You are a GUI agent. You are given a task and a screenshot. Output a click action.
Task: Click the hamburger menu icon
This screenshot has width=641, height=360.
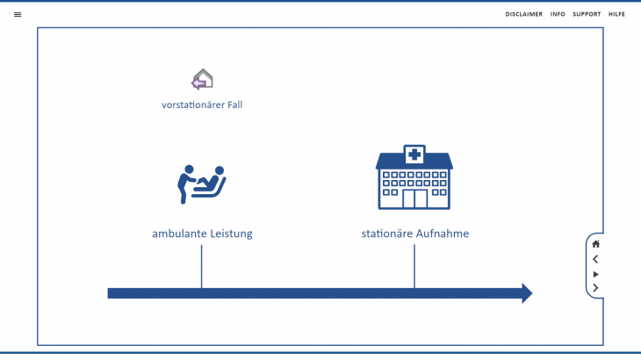tap(18, 14)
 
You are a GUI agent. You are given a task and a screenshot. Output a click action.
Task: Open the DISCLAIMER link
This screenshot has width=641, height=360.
tap(523, 14)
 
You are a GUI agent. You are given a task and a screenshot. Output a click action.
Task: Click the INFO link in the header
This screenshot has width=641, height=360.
tap(558, 14)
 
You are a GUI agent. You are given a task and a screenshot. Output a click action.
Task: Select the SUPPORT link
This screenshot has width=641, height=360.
tap(587, 14)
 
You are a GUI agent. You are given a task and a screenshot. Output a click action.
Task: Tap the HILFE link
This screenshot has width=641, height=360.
tap(616, 14)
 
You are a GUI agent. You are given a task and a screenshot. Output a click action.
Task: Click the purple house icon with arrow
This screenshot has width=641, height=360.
tap(202, 80)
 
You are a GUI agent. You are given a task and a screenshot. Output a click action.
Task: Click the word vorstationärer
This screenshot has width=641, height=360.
tap(191, 105)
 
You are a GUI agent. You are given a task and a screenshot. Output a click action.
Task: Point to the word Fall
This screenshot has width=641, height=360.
tap(233, 105)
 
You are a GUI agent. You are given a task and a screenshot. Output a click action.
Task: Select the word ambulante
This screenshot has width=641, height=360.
tap(178, 234)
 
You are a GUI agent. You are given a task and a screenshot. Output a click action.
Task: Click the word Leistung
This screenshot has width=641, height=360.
tap(230, 234)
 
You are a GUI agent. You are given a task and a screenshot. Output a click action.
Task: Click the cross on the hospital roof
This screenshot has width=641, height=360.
tap(414, 155)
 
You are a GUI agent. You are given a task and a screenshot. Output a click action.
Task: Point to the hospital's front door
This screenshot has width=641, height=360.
tap(414, 199)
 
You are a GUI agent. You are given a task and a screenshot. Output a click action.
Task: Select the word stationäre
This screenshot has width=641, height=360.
tap(389, 234)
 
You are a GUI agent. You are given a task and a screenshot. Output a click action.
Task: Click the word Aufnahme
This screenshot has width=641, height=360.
tap(443, 234)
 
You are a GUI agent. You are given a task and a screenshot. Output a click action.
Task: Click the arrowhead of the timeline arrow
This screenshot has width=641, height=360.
tap(526, 293)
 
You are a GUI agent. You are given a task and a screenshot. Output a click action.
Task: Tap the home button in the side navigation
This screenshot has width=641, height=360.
tap(596, 244)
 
